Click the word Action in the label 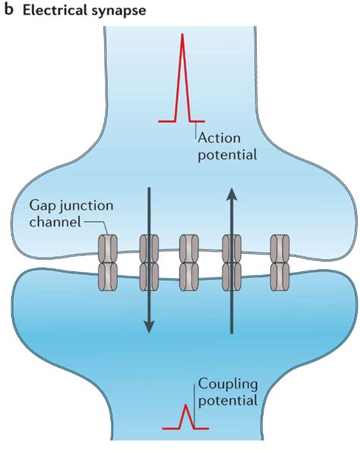click(x=219, y=138)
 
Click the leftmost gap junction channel click(x=108, y=263)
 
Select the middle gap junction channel click(x=189, y=263)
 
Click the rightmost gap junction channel click(x=280, y=263)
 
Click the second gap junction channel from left click(x=149, y=263)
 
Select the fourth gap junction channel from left click(x=230, y=263)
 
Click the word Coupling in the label click(x=225, y=384)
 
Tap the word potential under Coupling click(x=226, y=400)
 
